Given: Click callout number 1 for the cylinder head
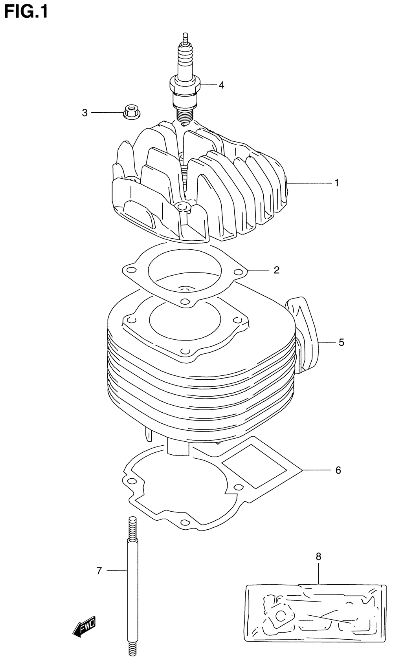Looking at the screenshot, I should pos(337,183).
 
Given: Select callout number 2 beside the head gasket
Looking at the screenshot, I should pos(276,270).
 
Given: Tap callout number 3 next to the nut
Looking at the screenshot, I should pos(84,113).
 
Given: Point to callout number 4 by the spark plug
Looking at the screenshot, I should pos(221,85).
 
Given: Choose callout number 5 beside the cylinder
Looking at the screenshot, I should pos(341,342).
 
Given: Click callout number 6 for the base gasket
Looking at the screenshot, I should pos(338,470).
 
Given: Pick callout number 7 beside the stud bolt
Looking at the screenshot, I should pos(99,571).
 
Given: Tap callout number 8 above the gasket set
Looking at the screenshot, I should pos(318,556).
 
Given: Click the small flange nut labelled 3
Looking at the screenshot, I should pos(130,112).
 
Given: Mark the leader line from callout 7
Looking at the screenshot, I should pos(117,571).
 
